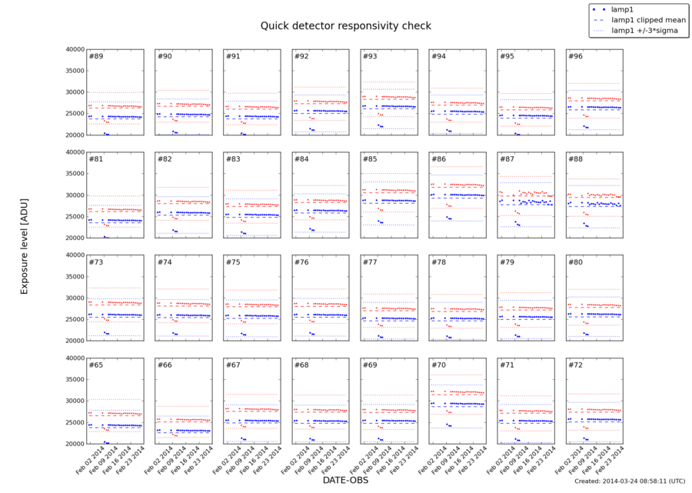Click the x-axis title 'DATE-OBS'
coord(344,480)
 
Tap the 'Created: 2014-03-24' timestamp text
coord(629,481)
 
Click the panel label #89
coord(96,57)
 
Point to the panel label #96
coord(576,57)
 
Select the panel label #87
coord(507,159)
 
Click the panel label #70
coord(439,365)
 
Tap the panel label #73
coord(96,262)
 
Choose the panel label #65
coord(96,365)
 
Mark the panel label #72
coord(576,365)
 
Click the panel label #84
coord(302,159)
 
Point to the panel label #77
coord(371,262)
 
